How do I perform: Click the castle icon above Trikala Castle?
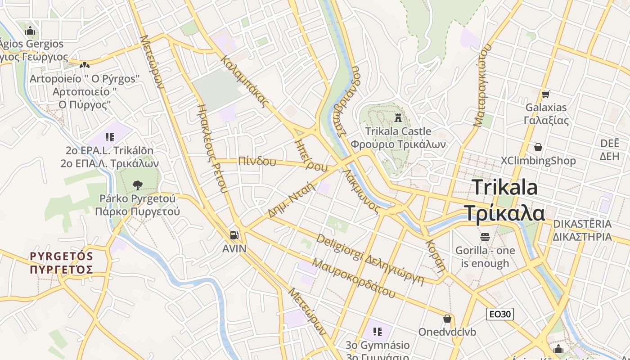click(x=398, y=118)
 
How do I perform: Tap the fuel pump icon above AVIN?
click(x=234, y=235)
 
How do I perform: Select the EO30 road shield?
click(x=499, y=314)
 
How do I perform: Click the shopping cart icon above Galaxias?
click(x=545, y=94)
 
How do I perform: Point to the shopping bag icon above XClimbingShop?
click(x=538, y=147)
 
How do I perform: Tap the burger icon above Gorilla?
click(x=485, y=237)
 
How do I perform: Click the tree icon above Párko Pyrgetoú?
click(x=137, y=184)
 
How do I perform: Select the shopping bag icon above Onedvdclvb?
click(x=447, y=319)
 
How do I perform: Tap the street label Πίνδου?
click(x=257, y=161)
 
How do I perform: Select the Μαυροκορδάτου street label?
click(x=353, y=278)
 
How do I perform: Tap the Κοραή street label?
click(x=435, y=254)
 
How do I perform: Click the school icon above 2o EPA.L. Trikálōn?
click(x=110, y=137)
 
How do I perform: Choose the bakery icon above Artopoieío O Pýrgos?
click(x=84, y=66)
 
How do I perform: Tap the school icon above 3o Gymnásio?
click(x=378, y=332)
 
